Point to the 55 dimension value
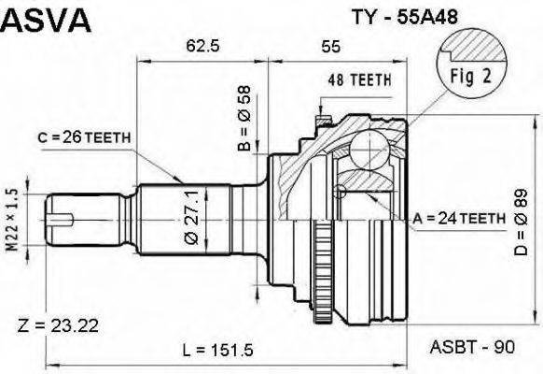(x=330, y=46)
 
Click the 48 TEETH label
(x=359, y=79)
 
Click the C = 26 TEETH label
(x=84, y=137)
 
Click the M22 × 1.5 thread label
(x=13, y=218)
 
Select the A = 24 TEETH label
(x=458, y=217)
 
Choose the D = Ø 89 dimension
(x=521, y=221)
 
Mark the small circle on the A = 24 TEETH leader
(x=341, y=192)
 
